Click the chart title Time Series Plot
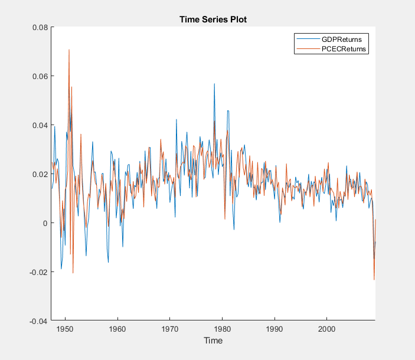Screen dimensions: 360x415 click(213, 19)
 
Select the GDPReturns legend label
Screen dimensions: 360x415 click(341, 40)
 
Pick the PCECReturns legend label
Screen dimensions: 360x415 click(345, 50)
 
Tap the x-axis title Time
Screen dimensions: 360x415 click(213, 341)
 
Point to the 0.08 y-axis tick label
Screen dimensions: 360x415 click(39, 27)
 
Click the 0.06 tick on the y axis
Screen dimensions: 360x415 click(39, 76)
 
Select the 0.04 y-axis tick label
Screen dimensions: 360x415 click(39, 125)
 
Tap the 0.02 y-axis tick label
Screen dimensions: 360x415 click(39, 174)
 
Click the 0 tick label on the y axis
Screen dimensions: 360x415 click(45, 223)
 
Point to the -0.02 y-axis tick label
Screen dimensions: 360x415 click(38, 272)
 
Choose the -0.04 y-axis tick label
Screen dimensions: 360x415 click(38, 321)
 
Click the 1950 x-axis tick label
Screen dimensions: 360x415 click(65, 328)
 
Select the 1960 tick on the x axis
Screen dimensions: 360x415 click(117, 328)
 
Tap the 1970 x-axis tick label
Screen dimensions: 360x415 click(170, 328)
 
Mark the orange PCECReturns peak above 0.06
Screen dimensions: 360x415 click(69, 50)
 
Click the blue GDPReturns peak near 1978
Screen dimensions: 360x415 click(214, 84)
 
